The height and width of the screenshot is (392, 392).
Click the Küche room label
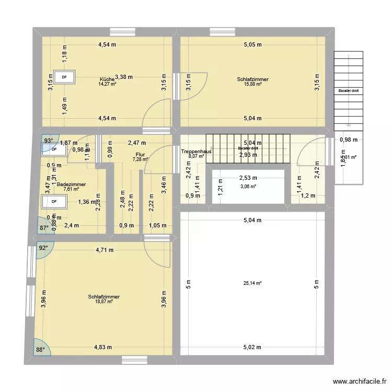click(x=107, y=79)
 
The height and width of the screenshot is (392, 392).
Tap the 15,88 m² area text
click(x=252, y=84)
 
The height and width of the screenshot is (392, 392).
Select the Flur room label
click(x=140, y=155)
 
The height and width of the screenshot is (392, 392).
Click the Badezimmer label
click(x=71, y=185)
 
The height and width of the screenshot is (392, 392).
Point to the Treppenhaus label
click(x=196, y=151)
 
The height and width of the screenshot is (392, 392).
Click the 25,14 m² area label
click(x=252, y=283)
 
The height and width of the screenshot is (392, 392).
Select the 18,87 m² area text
click(x=104, y=301)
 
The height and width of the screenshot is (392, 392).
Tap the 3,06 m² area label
click(x=248, y=187)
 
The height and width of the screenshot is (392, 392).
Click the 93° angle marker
click(x=48, y=141)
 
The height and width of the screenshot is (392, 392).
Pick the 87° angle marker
click(x=43, y=227)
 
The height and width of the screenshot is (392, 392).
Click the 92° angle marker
click(x=43, y=248)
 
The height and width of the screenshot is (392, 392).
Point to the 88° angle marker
click(x=40, y=350)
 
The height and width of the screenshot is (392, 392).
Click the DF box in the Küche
click(x=64, y=77)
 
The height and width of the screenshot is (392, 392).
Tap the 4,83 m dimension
click(x=103, y=347)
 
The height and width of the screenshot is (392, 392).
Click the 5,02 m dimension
click(x=252, y=347)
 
